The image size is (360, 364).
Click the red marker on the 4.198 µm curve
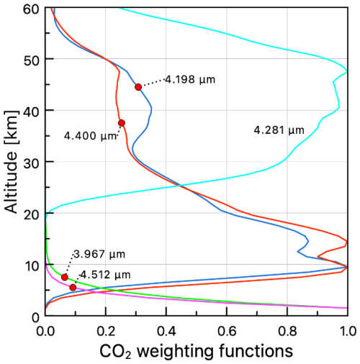(138, 87)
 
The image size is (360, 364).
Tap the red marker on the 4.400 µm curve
(122, 123)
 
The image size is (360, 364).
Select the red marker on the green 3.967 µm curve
(65, 277)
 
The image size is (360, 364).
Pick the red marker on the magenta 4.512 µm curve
(73, 287)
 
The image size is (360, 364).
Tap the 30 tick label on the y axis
(30, 162)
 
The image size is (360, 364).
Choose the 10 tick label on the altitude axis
(30, 265)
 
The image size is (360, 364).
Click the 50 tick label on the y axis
(30, 59)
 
